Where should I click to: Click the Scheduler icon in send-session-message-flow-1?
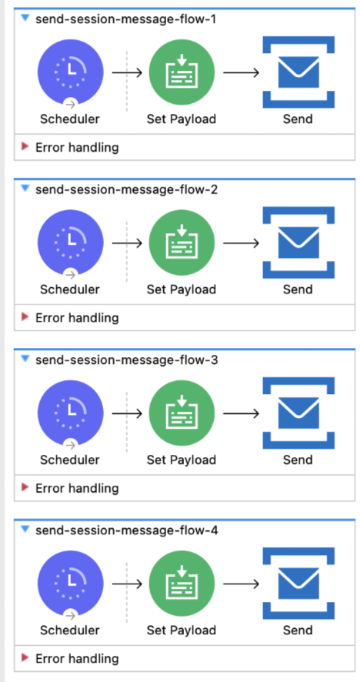70,72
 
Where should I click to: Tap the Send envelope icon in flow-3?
298,413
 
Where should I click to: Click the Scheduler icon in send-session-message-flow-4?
70,584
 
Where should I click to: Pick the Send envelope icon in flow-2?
298,243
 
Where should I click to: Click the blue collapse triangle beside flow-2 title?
25,189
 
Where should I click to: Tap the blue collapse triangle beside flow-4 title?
25,530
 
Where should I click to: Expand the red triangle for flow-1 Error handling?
25,146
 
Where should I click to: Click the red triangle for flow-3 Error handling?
25,487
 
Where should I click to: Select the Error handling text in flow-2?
77,317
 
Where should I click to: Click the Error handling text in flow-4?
77,658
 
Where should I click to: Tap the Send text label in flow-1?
298,119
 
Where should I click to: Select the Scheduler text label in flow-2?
70,290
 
